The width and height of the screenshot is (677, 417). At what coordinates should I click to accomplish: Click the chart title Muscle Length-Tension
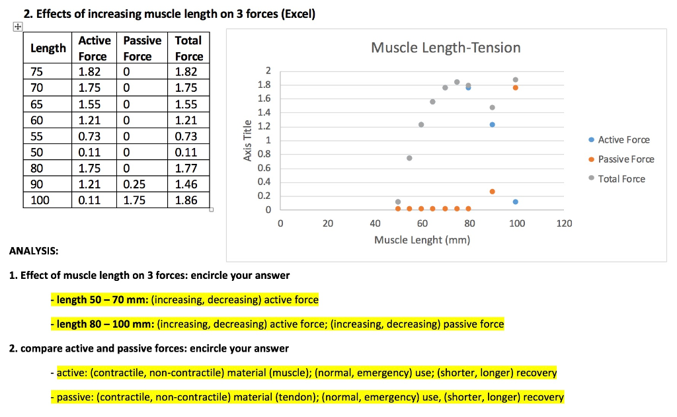pyautogui.click(x=446, y=48)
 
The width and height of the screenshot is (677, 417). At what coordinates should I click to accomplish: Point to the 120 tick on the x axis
pyautogui.click(x=564, y=224)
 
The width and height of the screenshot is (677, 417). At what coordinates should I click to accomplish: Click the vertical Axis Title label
pyautogui.click(x=247, y=141)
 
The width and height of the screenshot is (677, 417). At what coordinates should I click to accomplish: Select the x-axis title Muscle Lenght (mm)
pyautogui.click(x=422, y=240)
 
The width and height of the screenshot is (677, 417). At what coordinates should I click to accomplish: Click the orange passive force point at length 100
pyautogui.click(x=516, y=87)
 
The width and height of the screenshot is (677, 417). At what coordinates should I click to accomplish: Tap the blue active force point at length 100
pyautogui.click(x=516, y=202)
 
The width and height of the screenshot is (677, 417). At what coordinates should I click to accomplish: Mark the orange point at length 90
pyautogui.click(x=492, y=191)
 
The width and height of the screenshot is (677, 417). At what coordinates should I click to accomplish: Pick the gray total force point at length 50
pyautogui.click(x=397, y=202)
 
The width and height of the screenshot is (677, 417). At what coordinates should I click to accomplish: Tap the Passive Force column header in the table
pyautogui.click(x=142, y=48)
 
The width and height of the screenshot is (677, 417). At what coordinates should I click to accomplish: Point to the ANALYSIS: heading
pyautogui.click(x=34, y=252)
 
